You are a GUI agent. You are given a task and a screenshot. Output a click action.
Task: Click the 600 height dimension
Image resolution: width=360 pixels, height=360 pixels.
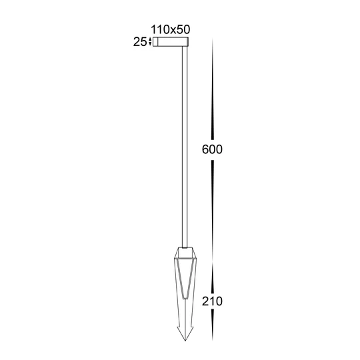tap(211, 149)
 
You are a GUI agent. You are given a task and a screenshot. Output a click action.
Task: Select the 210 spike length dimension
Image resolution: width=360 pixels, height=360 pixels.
tap(211, 301)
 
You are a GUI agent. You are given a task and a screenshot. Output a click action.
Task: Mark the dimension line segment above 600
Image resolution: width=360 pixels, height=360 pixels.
tap(211, 87)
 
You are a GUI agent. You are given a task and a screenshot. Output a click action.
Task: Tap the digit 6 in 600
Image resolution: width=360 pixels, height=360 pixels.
tap(204, 149)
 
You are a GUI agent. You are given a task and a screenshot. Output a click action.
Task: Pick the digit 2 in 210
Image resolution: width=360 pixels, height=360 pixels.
tap(204, 301)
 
